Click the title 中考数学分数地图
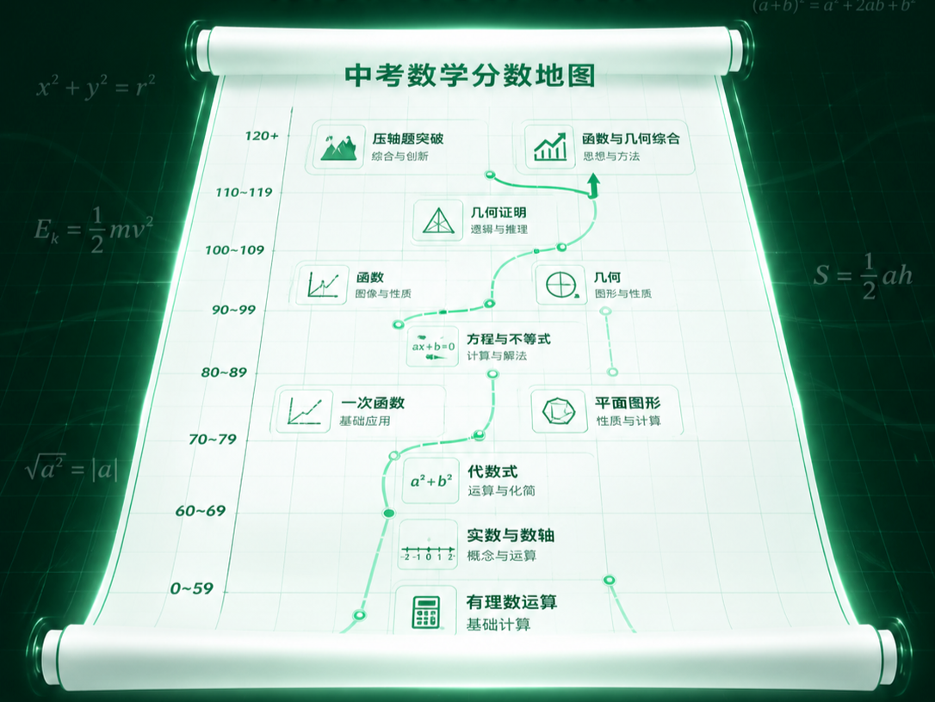[469, 75]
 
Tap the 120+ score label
[261, 136]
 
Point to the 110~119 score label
[244, 192]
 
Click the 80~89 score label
[224, 373]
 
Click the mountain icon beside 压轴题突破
[337, 146]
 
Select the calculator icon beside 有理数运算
[426, 611]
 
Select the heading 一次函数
[373, 403]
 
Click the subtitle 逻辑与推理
[498, 230]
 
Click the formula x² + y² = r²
[96, 88]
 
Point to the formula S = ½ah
[862, 276]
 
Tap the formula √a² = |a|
[71, 469]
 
